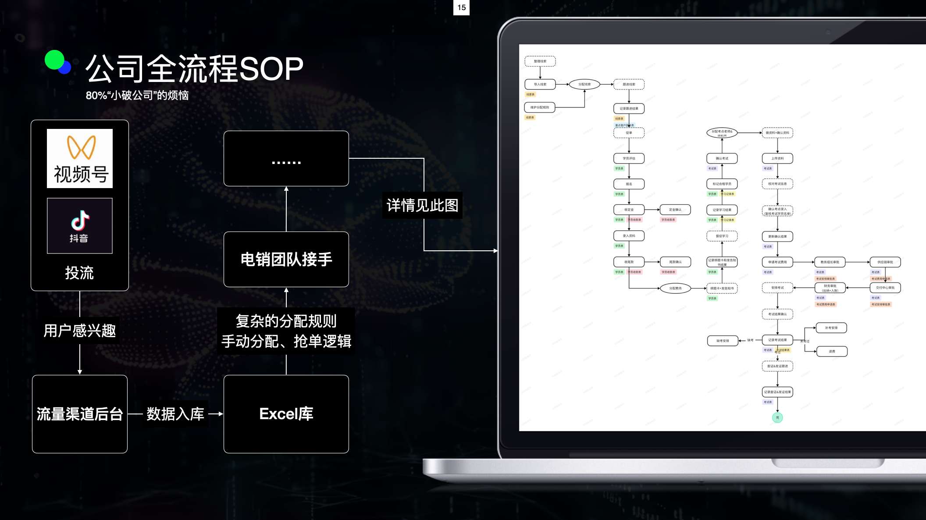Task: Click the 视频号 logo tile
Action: point(80,158)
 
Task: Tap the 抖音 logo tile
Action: point(80,226)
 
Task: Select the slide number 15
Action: point(461,7)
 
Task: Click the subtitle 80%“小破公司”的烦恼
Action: point(137,95)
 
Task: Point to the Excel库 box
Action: point(286,414)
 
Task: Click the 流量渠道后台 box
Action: point(80,414)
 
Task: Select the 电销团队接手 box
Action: point(286,259)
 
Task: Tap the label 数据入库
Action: point(175,414)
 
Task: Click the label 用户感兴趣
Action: point(80,331)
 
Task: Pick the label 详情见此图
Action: point(422,205)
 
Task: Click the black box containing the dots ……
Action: point(286,159)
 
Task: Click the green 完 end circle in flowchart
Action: point(777,417)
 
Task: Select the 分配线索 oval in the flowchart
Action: point(584,84)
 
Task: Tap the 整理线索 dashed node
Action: point(540,61)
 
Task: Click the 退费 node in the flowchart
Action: point(832,351)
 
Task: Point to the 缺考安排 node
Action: point(723,341)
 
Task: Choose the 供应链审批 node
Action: point(885,262)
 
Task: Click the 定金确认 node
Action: point(675,210)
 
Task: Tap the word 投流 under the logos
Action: point(79,273)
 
